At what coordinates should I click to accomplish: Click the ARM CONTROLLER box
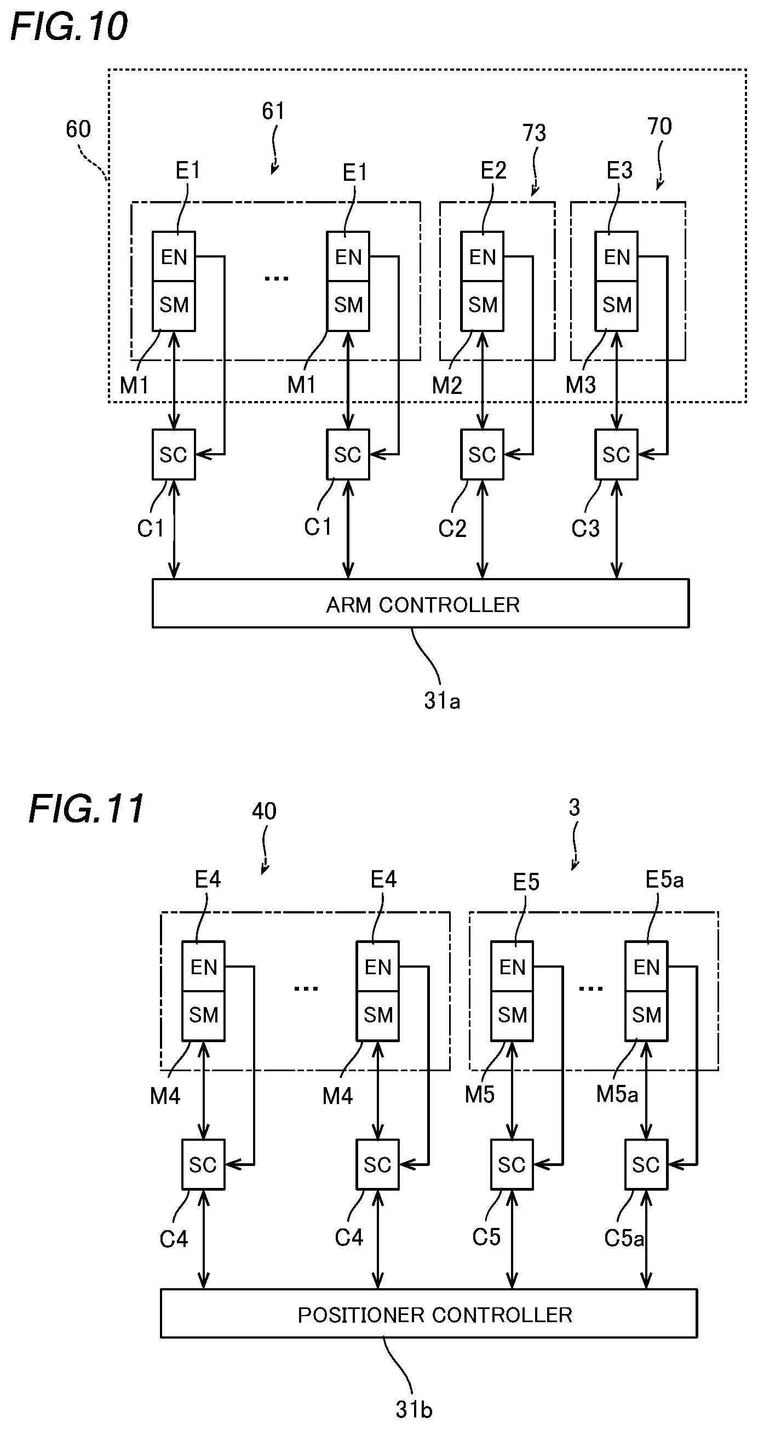pyautogui.click(x=420, y=603)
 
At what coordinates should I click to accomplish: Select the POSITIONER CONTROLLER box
pyautogui.click(x=429, y=1313)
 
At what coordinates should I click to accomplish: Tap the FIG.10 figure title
pyautogui.click(x=69, y=26)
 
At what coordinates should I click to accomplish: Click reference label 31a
pyautogui.click(x=442, y=701)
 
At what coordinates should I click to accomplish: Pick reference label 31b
pyautogui.click(x=414, y=1410)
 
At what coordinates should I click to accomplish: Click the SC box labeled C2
pyautogui.click(x=482, y=454)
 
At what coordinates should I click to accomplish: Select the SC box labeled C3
pyautogui.click(x=616, y=454)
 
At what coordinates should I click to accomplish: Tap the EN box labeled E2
pyautogui.click(x=482, y=256)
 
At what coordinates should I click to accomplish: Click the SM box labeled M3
pyautogui.click(x=616, y=306)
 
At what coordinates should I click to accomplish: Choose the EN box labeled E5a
pyautogui.click(x=646, y=967)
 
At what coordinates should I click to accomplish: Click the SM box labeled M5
pyautogui.click(x=512, y=1016)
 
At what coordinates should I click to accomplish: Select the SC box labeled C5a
pyautogui.click(x=646, y=1164)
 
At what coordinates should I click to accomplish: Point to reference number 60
pyautogui.click(x=78, y=129)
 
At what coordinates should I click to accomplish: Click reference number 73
pyautogui.click(x=534, y=133)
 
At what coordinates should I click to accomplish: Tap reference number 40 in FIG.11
pyautogui.click(x=264, y=811)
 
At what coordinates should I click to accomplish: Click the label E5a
pyautogui.click(x=664, y=879)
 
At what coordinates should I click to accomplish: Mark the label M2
pyautogui.click(x=447, y=385)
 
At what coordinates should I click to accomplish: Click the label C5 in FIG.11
pyautogui.click(x=486, y=1237)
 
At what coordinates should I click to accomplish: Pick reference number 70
pyautogui.click(x=659, y=127)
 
